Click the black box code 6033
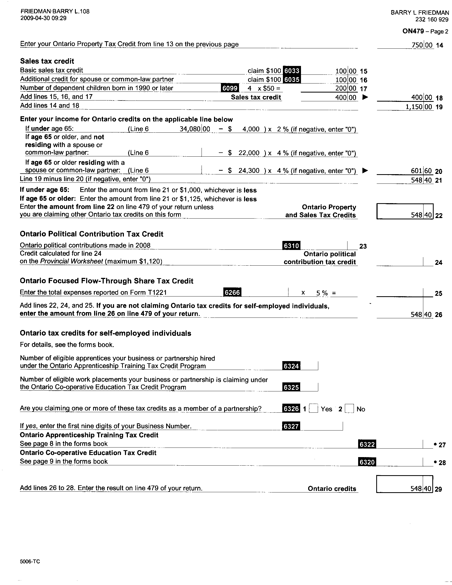coord(291,70)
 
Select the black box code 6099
coord(230,88)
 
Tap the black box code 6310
coord(291,245)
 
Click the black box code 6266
coord(232,292)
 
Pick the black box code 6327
coord(291,426)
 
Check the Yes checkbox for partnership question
coord(313,409)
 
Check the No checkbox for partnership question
coord(349,409)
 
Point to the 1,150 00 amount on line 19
coord(419,107)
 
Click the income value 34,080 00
coord(195,129)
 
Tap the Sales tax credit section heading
coord(47,61)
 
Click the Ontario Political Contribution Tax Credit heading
coord(91,234)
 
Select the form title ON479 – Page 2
coord(425,31)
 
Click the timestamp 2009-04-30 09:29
coord(43,18)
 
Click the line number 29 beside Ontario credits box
coord(438,489)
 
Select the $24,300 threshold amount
coord(249,171)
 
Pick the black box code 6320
coord(367,462)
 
